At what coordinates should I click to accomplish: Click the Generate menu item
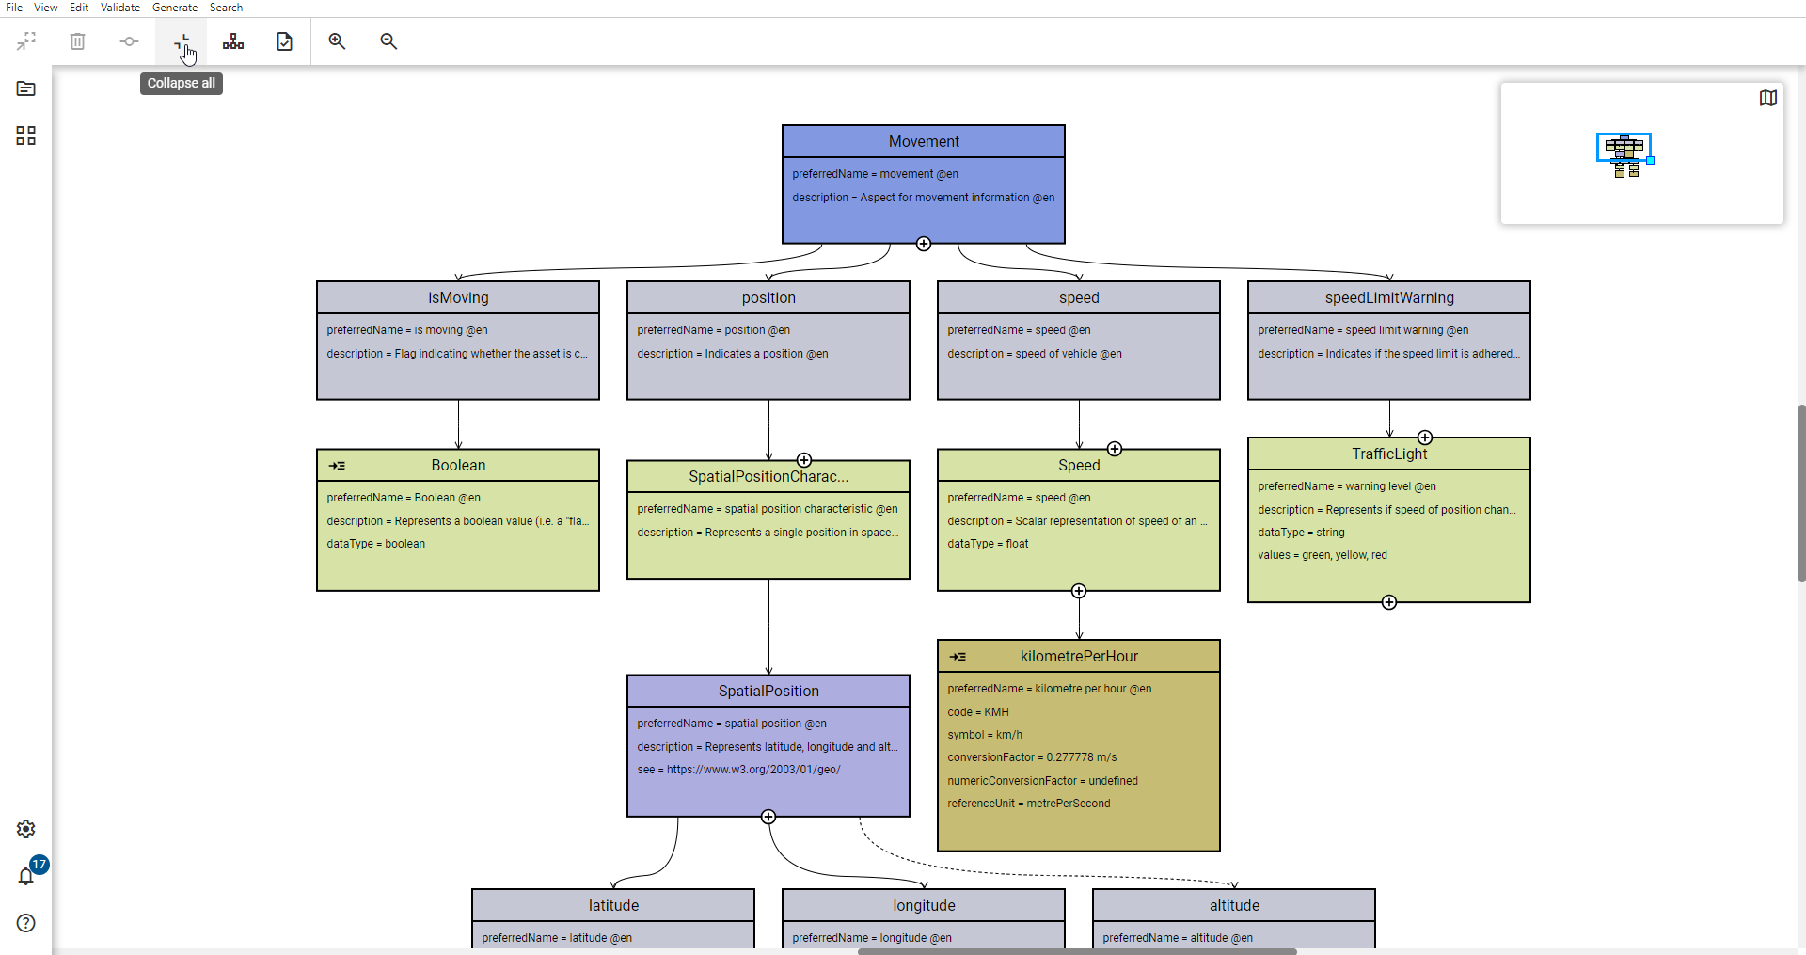point(174,8)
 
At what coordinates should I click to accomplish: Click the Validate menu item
point(120,8)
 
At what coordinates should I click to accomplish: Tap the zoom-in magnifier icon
point(337,41)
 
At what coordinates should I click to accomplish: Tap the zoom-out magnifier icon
point(388,41)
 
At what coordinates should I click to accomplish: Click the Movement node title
point(924,141)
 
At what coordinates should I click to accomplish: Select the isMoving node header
point(458,297)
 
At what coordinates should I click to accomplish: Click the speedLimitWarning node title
point(1389,297)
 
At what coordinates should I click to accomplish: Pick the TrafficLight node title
point(1389,454)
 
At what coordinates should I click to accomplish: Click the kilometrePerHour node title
point(1079,656)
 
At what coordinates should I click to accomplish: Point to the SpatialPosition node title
point(768,691)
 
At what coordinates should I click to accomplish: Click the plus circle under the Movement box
point(924,244)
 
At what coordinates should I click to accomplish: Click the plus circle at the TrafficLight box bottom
point(1389,602)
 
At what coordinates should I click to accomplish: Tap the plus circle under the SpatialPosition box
point(768,817)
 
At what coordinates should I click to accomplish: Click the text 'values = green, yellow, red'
point(1323,555)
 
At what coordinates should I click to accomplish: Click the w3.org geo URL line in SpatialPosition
point(739,770)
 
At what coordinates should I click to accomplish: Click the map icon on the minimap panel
point(1767,98)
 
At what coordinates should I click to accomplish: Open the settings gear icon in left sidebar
point(26,829)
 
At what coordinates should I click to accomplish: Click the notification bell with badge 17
point(26,876)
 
